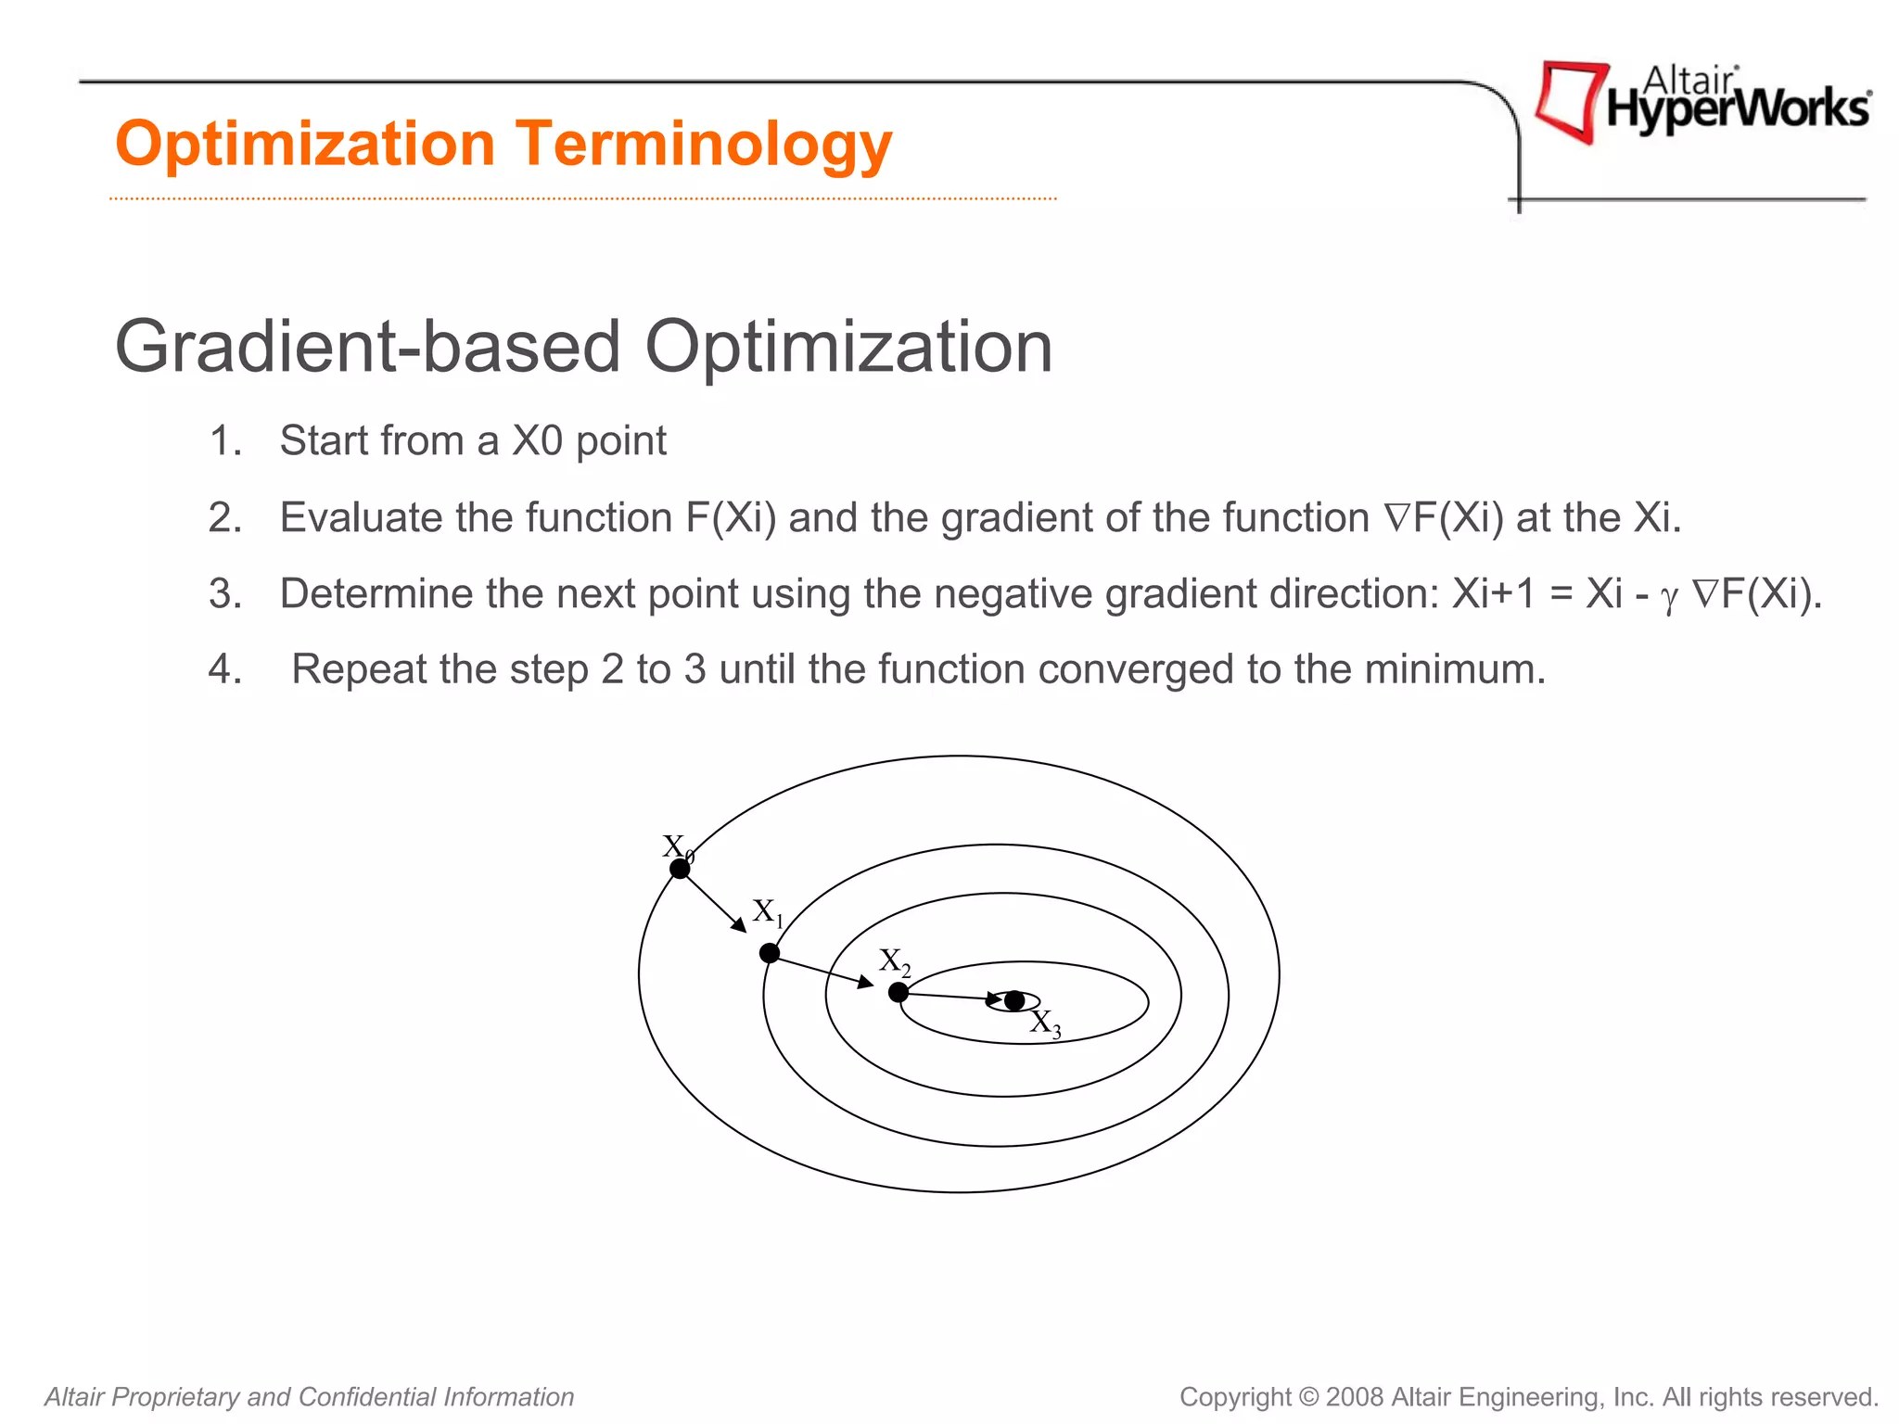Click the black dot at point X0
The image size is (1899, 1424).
(680, 869)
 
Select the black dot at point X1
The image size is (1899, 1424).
(770, 953)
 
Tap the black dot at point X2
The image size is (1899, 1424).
(898, 993)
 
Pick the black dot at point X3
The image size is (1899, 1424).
(1014, 1001)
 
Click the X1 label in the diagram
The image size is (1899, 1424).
(768, 912)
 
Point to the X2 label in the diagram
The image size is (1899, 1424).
(895, 961)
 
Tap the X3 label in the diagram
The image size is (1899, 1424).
(1045, 1023)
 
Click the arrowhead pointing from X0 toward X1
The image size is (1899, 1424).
(740, 925)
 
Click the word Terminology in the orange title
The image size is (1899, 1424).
(704, 145)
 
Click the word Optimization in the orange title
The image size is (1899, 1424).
(305, 145)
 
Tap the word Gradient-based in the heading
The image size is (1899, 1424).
(367, 348)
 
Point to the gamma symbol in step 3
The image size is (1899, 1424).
(1669, 598)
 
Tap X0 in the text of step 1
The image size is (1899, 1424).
(538, 440)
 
